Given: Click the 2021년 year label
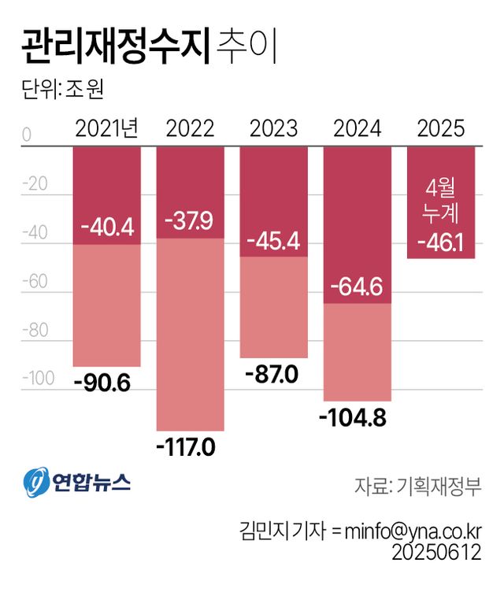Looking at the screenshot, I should coord(106,128).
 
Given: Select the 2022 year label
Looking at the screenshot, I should coord(190,128).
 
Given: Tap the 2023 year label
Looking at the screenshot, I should coord(273,128).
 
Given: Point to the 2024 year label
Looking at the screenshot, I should coord(358,128).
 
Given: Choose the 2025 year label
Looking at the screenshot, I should coord(441,128).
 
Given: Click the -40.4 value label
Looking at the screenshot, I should coord(106,228).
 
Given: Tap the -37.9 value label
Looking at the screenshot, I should coord(190,221).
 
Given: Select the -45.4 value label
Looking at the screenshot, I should coord(273,240).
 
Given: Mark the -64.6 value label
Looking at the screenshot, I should coord(358,287).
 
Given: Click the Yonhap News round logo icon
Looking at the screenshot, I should coord(36,482).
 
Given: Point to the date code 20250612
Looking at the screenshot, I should coord(436,553).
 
